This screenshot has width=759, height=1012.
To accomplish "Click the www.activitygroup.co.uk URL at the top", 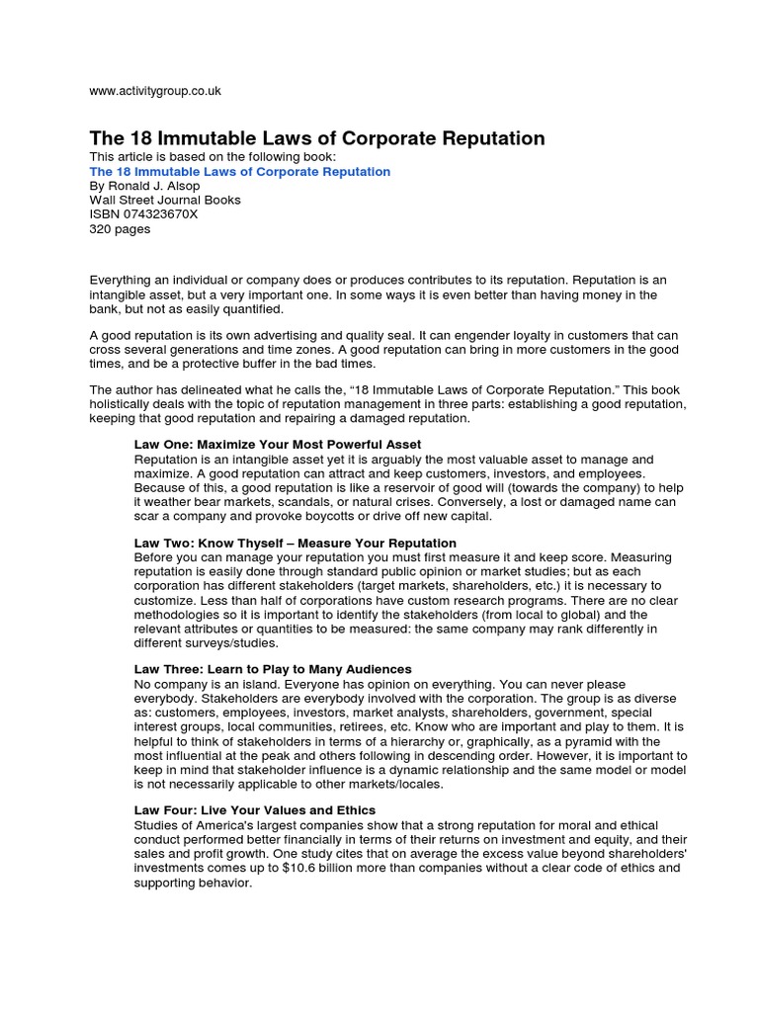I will pyautogui.click(x=155, y=91).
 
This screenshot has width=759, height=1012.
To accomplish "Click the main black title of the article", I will pyautogui.click(x=317, y=137).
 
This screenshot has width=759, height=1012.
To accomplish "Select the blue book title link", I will pyautogui.click(x=240, y=172).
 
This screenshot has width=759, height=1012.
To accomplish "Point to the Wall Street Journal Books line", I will pyautogui.click(x=165, y=200).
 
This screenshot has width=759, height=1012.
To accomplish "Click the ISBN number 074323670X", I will pyautogui.click(x=143, y=214).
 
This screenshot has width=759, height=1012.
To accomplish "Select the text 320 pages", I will pyautogui.click(x=120, y=228).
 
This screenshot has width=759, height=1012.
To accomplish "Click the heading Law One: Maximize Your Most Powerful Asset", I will pyautogui.click(x=278, y=445).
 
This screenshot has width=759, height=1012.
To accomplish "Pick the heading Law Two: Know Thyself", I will pyautogui.click(x=295, y=543).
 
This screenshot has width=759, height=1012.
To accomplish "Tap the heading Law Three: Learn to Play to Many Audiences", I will pyautogui.click(x=273, y=669).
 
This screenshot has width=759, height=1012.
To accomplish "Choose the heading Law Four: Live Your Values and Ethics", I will pyautogui.click(x=255, y=810).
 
